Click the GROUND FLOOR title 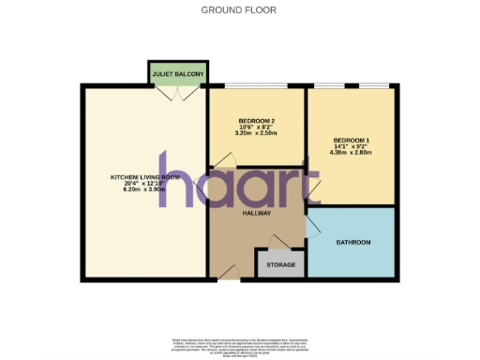[239, 9]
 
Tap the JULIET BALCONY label [178, 70]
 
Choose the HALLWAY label [257, 214]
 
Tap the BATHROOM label [353, 243]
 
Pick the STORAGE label [281, 265]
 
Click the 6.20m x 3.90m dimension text [143, 189]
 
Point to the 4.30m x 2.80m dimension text [352, 154]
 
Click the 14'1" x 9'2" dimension [352, 147]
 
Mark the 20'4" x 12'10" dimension [143, 183]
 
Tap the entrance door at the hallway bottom [228, 273]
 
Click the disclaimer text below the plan [239, 343]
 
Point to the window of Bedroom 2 [256, 85]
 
